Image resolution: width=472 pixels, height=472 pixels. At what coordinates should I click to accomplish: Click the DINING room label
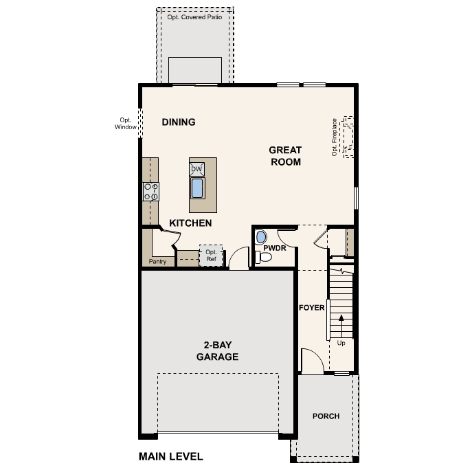click(x=179, y=122)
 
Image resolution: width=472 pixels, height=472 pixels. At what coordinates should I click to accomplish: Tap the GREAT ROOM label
click(x=285, y=156)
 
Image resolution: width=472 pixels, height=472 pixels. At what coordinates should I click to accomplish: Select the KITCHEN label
click(x=190, y=223)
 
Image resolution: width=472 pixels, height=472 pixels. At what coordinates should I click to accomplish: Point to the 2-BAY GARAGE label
click(x=217, y=351)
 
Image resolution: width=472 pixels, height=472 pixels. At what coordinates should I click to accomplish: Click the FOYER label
click(x=311, y=308)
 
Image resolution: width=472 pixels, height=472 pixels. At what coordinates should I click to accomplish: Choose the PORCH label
click(x=326, y=416)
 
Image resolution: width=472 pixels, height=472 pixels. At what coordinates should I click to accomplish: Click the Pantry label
click(x=157, y=262)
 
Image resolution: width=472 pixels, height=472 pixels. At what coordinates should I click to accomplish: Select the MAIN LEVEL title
click(x=171, y=456)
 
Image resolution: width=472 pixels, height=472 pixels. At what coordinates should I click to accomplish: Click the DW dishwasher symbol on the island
click(x=196, y=168)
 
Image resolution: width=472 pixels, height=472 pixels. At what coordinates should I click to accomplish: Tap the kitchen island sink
click(x=197, y=188)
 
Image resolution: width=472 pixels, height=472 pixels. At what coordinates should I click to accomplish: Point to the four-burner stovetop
click(x=150, y=191)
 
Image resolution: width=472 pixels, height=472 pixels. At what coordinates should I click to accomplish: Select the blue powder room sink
click(x=260, y=237)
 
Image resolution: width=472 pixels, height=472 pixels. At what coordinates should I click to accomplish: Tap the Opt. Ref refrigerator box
click(x=211, y=256)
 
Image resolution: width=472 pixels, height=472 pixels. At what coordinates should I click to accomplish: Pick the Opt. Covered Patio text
click(x=195, y=17)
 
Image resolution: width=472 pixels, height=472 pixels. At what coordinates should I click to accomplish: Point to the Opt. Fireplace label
click(x=335, y=137)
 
